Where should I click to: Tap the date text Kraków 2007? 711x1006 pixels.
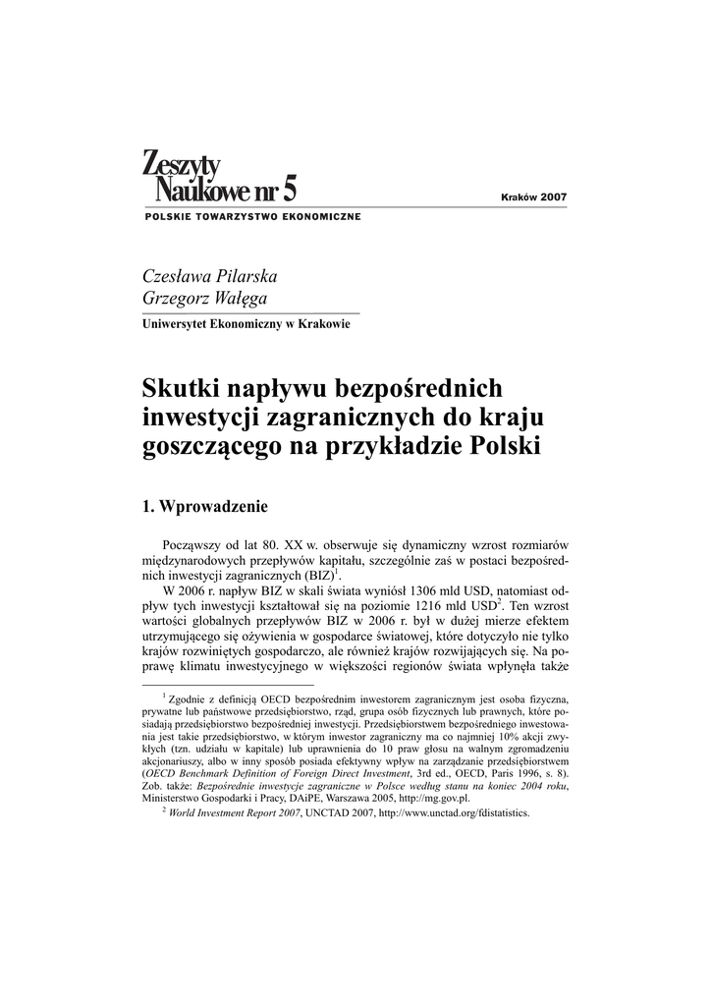pyautogui.click(x=533, y=197)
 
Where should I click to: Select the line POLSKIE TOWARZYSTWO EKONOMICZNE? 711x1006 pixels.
pyautogui.click(x=251, y=216)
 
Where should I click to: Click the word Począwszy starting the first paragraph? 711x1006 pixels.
pyautogui.click(x=201, y=543)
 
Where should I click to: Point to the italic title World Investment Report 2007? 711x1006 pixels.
pyautogui.click(x=233, y=813)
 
